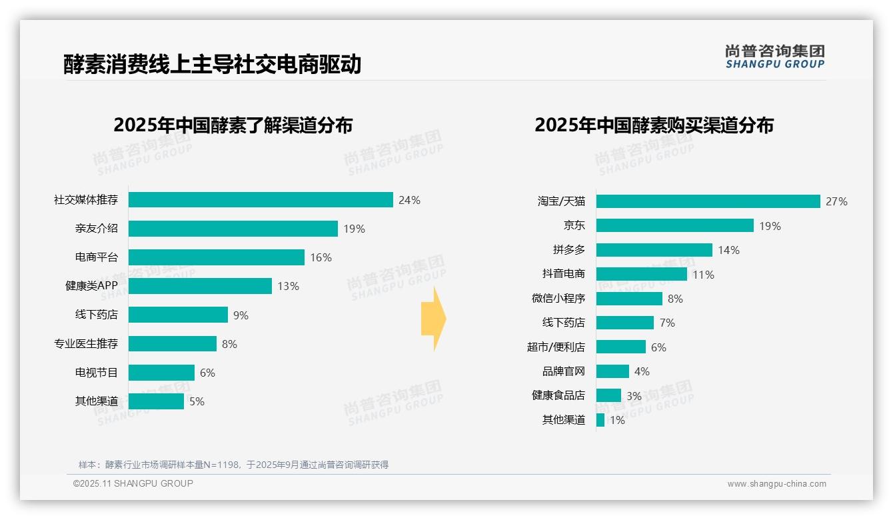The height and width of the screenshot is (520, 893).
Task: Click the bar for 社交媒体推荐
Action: [261, 200]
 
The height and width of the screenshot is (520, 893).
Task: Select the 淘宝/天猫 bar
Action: [708, 201]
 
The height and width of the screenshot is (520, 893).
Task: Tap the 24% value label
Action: [409, 200]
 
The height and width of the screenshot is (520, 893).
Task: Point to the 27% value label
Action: [836, 201]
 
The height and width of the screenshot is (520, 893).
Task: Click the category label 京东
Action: [574, 226]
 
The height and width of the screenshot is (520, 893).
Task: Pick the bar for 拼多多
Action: [654, 250]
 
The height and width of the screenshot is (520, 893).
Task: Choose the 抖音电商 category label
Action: [563, 274]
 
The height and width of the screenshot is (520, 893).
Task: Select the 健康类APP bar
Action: [200, 286]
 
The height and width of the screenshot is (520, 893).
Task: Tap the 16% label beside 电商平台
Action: [321, 257]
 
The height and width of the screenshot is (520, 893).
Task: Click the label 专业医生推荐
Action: [86, 344]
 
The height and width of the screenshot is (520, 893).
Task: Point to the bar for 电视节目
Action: [161, 373]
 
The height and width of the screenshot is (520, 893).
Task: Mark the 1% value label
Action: [617, 420]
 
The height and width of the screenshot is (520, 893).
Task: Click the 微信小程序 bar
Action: [629, 299]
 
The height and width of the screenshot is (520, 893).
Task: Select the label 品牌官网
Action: [563, 371]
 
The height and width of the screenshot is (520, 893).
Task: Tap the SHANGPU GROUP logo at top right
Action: [775, 56]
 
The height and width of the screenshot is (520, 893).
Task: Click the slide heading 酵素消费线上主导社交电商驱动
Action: [212, 64]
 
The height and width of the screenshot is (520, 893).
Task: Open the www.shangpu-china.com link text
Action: [776, 484]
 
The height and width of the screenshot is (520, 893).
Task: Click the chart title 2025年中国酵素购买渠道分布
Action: [654, 125]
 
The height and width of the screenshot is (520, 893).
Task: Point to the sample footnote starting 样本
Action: [233, 465]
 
